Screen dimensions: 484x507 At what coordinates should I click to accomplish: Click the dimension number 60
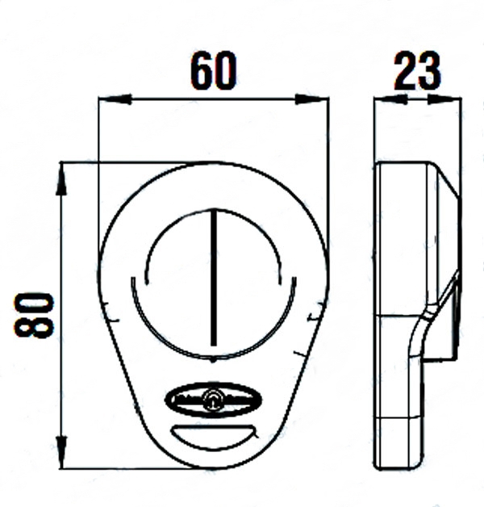[x=213, y=70]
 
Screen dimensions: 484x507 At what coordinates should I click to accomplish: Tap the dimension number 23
[x=417, y=70]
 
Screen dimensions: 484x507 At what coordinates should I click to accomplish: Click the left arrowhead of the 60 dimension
[x=115, y=99]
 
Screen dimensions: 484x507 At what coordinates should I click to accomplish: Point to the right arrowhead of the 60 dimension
[x=311, y=99]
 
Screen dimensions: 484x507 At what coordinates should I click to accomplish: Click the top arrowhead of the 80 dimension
[x=61, y=179]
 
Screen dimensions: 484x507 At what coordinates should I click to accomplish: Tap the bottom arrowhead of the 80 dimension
[x=61, y=452]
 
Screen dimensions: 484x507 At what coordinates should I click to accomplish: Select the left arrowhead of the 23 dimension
[x=390, y=99]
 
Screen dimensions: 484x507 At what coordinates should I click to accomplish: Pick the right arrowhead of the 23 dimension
[x=444, y=99]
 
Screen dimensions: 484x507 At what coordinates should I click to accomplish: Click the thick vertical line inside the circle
[x=214, y=278]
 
